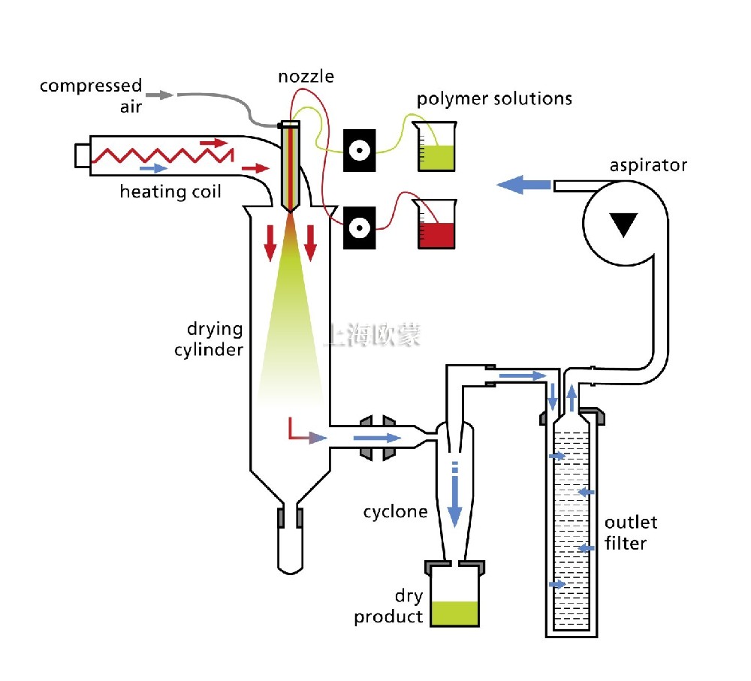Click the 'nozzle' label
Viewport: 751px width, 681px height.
(x=306, y=76)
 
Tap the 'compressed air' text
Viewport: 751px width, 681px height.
(x=91, y=95)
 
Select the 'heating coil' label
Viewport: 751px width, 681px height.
(x=170, y=191)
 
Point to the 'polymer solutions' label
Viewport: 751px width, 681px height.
(x=495, y=98)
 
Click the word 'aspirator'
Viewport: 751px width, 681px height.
(x=648, y=165)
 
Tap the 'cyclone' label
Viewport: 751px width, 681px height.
(x=395, y=512)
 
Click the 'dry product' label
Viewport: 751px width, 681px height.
(x=389, y=607)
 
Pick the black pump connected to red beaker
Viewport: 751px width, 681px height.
(x=360, y=226)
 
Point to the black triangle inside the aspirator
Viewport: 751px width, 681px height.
(x=621, y=223)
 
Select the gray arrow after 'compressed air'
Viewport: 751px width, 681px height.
(x=159, y=95)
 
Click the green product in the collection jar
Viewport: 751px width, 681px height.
(x=454, y=613)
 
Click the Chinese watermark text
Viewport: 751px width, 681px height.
(x=372, y=334)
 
